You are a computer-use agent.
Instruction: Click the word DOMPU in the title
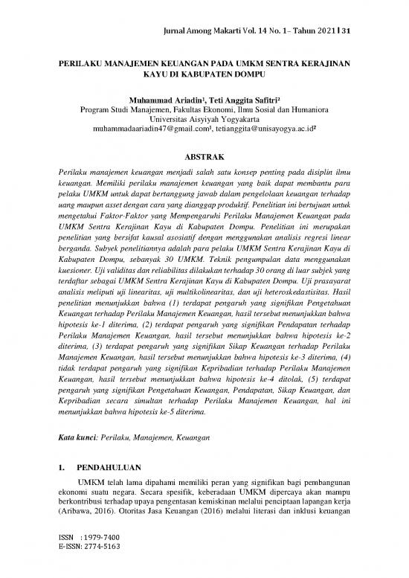[x=247, y=75]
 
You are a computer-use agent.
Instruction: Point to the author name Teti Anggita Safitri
[x=222, y=100]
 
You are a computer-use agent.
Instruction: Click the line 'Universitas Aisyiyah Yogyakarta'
[x=204, y=118]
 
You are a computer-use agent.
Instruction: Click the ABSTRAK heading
[x=204, y=157]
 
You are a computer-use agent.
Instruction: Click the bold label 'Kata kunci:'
[x=77, y=440]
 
